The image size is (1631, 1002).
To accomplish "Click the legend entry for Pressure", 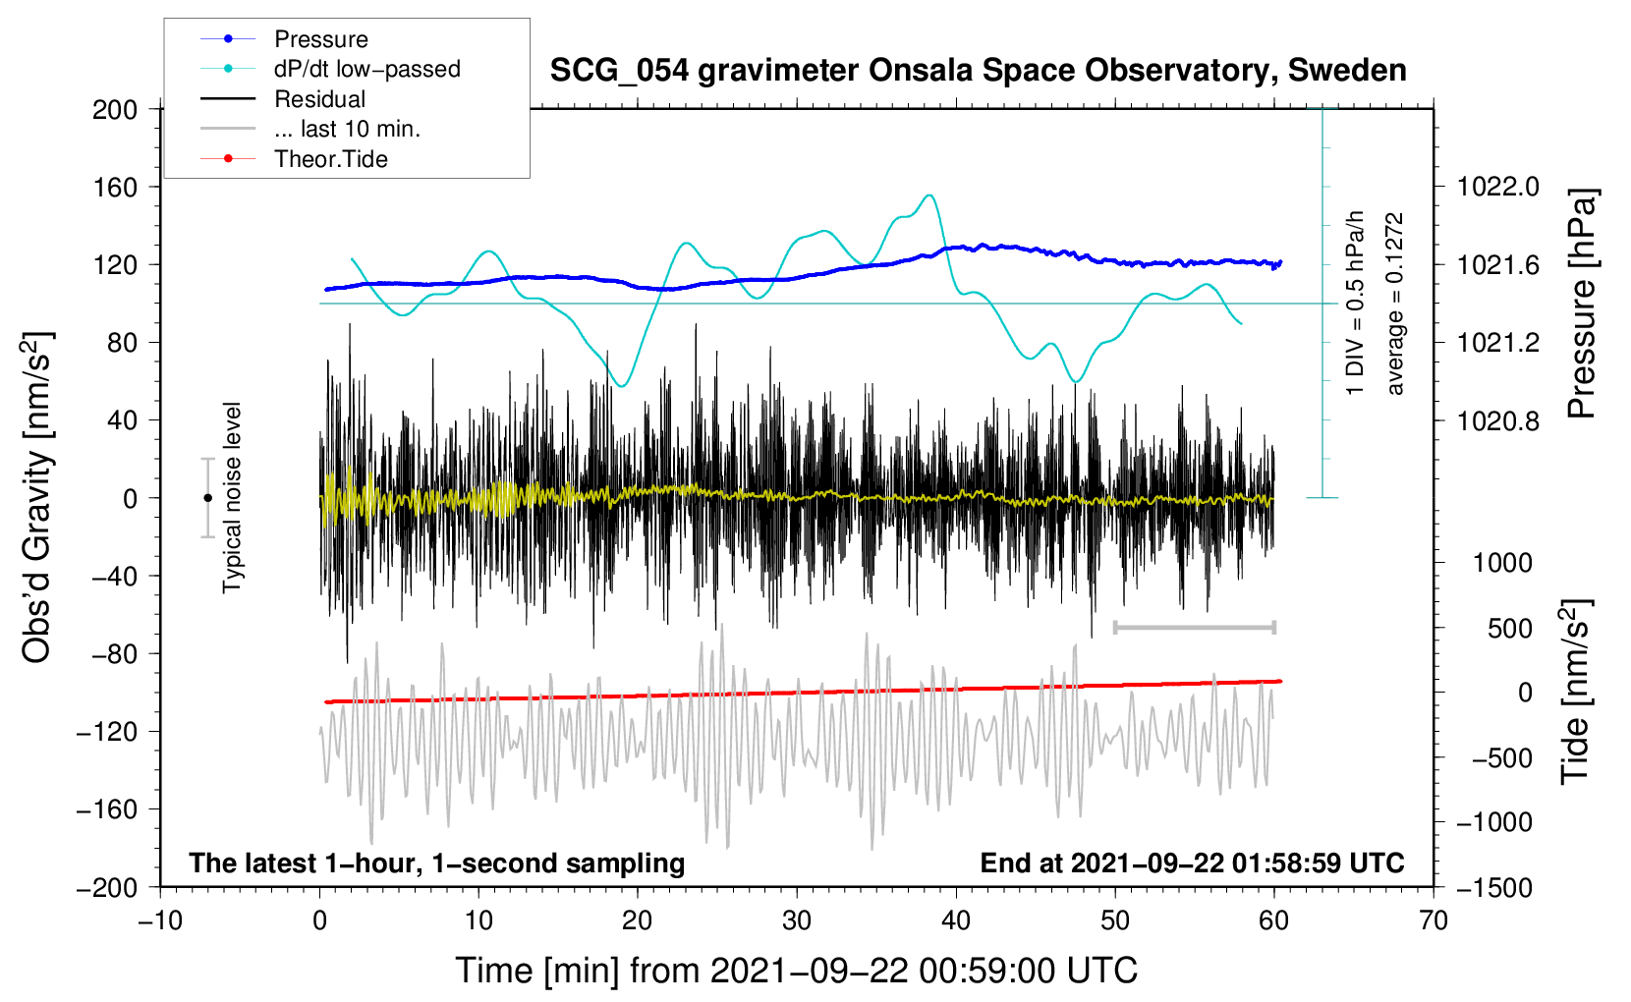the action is coord(284,38).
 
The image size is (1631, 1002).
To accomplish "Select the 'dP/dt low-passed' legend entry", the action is coord(330,69).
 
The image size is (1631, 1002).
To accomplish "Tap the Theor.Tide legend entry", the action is coord(294,159).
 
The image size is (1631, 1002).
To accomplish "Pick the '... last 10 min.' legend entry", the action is coord(310,129).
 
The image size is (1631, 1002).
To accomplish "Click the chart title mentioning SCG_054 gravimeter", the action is coord(978,71).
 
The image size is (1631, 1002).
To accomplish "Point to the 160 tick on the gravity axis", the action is coord(115,188).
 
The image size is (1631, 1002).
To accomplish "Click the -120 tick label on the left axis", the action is coord(107,731).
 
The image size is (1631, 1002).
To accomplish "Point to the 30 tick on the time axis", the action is coord(797,920).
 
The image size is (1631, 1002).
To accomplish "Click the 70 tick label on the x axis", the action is coord(1433,920).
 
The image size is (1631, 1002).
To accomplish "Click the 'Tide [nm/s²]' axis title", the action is coord(1576,692).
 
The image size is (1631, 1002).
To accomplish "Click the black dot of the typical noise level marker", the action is coord(207,498).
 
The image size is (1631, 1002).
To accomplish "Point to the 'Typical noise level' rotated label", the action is coord(232,498).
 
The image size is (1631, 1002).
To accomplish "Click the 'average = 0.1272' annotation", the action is coord(1393,304).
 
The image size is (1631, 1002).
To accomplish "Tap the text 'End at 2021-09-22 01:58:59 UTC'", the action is coord(1192,863).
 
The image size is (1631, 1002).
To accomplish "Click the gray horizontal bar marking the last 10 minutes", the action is coord(1194,627).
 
